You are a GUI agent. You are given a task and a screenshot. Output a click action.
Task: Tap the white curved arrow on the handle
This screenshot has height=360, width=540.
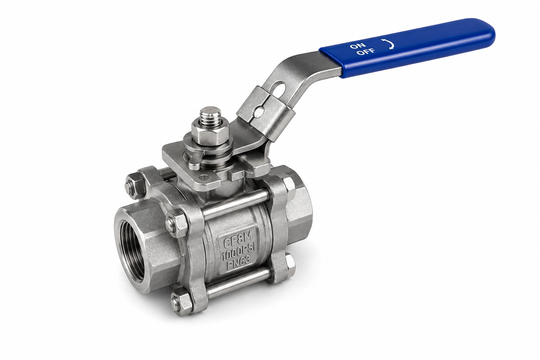(389, 44)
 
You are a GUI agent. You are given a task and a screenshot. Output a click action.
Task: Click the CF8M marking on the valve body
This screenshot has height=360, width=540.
(237, 242)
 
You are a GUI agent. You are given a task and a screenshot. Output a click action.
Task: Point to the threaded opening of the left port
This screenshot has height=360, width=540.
(131, 244)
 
